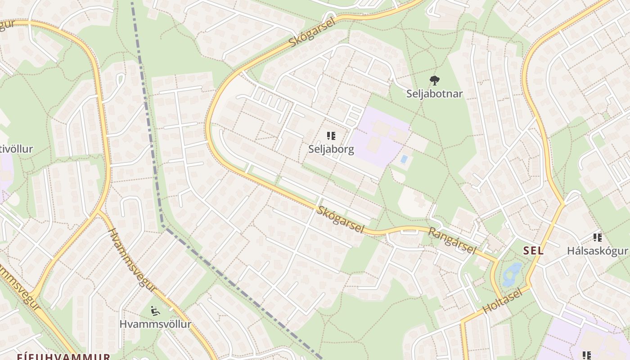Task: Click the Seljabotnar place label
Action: tap(434, 94)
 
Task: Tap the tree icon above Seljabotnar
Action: tap(434, 81)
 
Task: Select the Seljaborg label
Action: tap(331, 149)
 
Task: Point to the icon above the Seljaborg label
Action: tap(331, 136)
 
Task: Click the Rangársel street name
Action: tap(452, 240)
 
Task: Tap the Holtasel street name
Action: tap(503, 301)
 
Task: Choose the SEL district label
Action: tap(533, 251)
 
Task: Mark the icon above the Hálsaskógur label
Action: tap(597, 237)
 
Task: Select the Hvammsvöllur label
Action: tap(155, 324)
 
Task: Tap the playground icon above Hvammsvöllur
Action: tap(155, 310)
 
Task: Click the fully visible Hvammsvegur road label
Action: tap(132, 260)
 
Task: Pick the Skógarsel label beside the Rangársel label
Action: tap(341, 220)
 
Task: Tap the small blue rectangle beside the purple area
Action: tap(404, 159)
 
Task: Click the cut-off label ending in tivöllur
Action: tap(17, 149)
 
